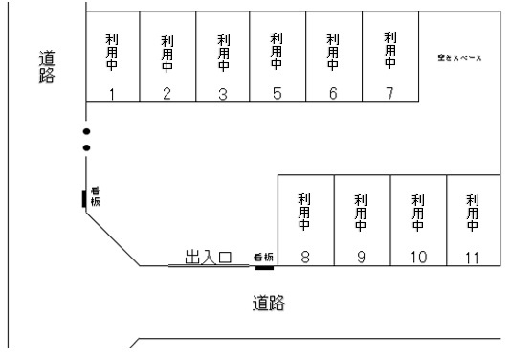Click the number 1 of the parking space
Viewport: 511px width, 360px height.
click(x=112, y=94)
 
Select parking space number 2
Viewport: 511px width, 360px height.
click(x=167, y=94)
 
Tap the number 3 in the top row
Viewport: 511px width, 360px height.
click(x=222, y=94)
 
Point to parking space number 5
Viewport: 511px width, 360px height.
click(x=277, y=94)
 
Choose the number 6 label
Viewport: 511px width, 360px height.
click(x=333, y=94)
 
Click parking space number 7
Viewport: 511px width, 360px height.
click(x=389, y=93)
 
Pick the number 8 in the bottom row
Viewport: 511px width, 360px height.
click(x=304, y=257)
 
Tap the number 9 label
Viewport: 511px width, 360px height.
click(x=361, y=257)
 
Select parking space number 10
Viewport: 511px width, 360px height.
click(x=417, y=257)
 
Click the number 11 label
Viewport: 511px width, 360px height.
click(x=472, y=257)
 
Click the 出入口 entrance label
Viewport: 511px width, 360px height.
click(x=208, y=257)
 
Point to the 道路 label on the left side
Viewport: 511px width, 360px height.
click(x=46, y=66)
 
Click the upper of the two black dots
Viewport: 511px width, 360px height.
click(x=86, y=131)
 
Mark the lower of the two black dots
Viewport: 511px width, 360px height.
click(x=86, y=147)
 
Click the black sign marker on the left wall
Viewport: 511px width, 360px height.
click(x=84, y=198)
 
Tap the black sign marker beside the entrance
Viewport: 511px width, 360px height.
click(x=264, y=267)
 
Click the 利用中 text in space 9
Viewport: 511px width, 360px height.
click(x=361, y=213)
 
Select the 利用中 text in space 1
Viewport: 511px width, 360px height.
click(x=112, y=50)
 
